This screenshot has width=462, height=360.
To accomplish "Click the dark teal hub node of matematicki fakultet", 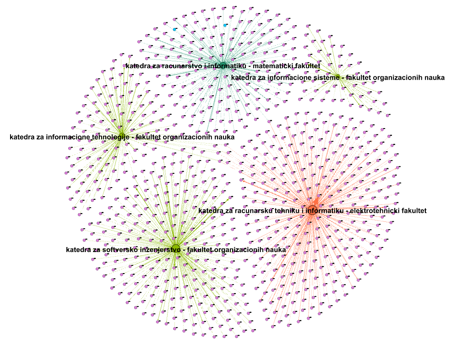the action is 223,65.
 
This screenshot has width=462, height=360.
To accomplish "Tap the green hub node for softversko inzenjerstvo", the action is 176,248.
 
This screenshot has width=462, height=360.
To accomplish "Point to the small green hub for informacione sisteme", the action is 337,76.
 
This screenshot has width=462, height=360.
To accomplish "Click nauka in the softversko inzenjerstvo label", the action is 276,250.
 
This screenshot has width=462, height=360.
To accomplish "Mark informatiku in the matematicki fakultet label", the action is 228,66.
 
